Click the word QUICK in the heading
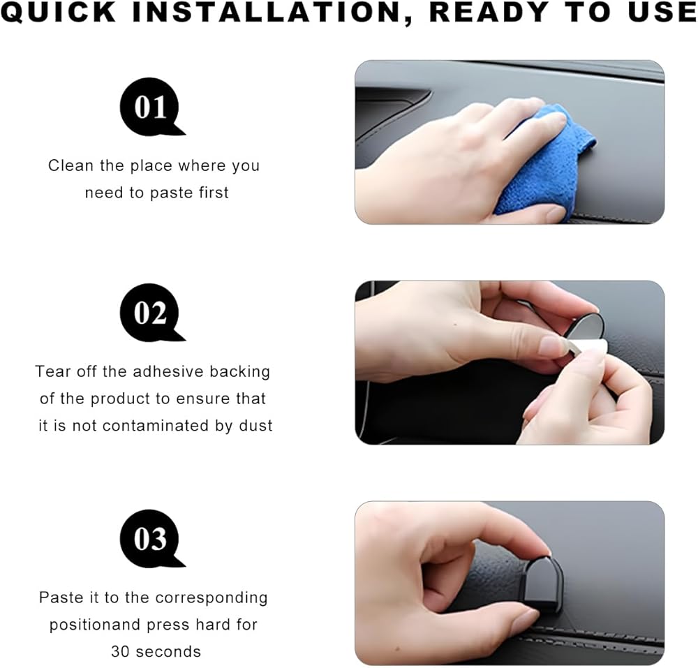pos(59,13)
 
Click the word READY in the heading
pos(489,13)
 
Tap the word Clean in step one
pos(70,165)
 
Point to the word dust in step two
pos(256,426)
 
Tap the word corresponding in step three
pos(211,598)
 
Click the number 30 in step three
pos(120,651)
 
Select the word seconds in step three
pos(168,651)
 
